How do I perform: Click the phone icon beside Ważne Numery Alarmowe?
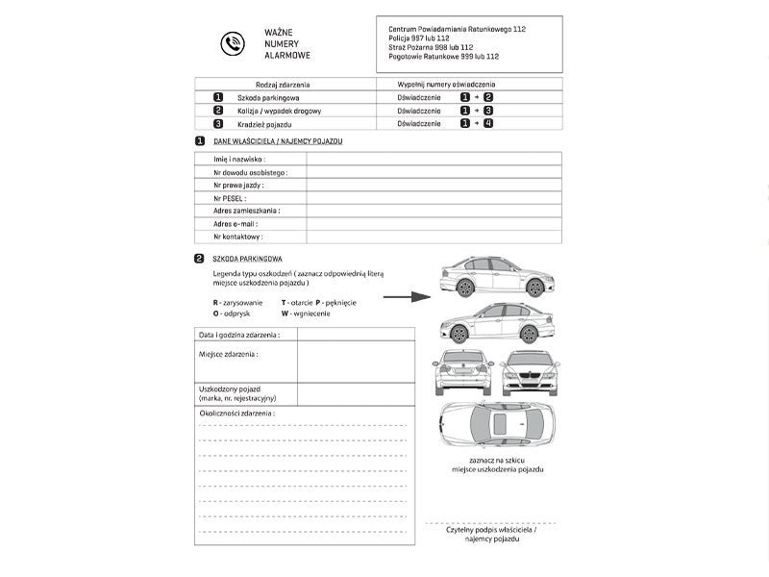232,43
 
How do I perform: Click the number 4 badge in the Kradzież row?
488,123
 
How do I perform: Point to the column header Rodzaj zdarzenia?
283,85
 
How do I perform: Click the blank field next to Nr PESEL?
434,197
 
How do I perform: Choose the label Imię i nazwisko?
239,159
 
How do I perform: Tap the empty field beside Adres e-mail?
434,223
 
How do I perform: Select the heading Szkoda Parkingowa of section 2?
247,259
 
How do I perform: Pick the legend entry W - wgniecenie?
306,314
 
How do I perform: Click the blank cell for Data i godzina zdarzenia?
356,335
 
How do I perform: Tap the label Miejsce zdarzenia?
229,354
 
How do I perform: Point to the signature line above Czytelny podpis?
490,522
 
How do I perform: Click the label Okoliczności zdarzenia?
236,413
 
